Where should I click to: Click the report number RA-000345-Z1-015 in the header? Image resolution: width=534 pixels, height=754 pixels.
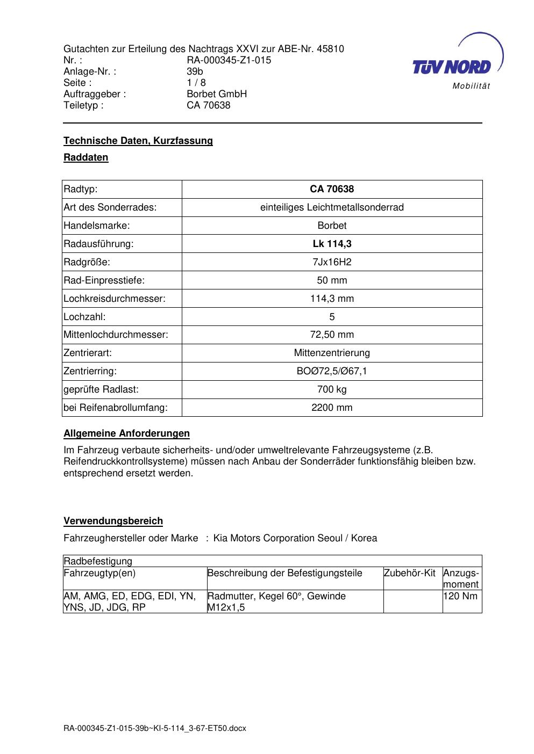click(229, 60)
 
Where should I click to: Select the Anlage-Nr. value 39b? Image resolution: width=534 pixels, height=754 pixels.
click(195, 71)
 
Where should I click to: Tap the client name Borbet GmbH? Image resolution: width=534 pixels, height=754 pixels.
click(216, 94)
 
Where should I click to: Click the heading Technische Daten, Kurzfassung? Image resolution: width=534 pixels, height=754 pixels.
click(138, 141)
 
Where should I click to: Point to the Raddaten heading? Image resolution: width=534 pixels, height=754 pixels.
click(86, 157)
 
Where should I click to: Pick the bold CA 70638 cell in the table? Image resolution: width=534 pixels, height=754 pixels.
click(332, 189)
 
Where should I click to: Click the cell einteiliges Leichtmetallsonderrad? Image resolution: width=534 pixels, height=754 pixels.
click(332, 207)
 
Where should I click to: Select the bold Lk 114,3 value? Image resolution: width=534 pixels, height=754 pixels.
click(332, 244)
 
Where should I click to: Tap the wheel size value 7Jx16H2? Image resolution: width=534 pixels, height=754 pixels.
click(332, 262)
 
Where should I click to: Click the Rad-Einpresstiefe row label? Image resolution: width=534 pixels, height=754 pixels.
click(104, 280)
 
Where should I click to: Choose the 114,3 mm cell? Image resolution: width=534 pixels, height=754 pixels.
click(332, 299)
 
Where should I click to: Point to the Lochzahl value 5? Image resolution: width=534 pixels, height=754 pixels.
click(332, 317)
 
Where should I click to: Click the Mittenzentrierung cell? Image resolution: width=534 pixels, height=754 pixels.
click(332, 353)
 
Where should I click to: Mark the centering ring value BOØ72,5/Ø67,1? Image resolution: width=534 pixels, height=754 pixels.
click(332, 371)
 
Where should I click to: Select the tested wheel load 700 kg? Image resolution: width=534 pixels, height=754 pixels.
click(332, 389)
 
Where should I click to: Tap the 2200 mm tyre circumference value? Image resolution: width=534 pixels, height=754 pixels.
click(332, 408)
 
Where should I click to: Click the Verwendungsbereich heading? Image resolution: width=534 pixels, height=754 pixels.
click(113, 521)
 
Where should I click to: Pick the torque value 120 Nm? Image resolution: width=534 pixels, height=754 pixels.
click(460, 596)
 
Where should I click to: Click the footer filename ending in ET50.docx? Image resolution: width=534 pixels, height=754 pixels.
click(155, 728)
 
